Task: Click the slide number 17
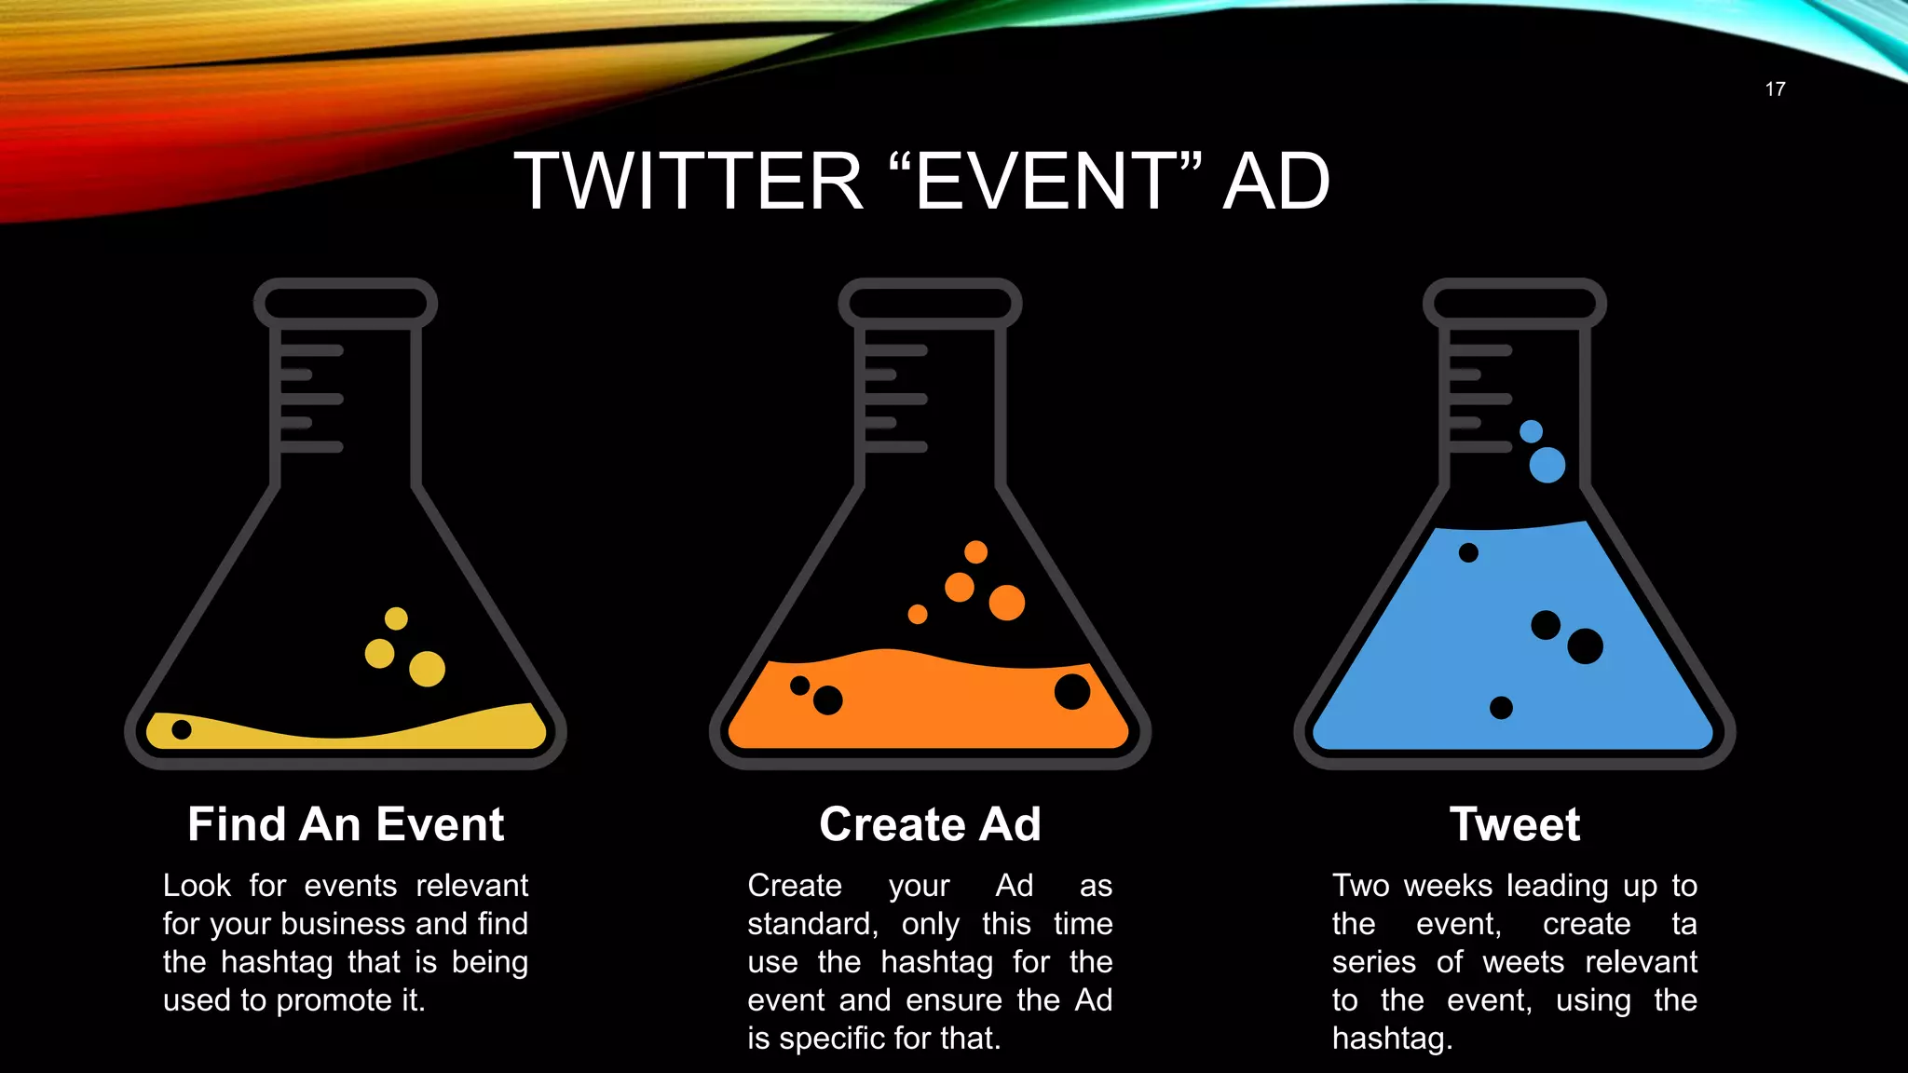[1775, 89]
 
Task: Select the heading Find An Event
[346, 824]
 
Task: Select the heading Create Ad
[930, 824]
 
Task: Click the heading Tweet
[1515, 824]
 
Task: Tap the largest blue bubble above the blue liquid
[1547, 465]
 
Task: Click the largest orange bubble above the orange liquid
[1006, 603]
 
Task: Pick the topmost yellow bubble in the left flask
[396, 618]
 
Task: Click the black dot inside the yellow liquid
[182, 729]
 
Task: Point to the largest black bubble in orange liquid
[1072, 691]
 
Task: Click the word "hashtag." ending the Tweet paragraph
[1392, 1038]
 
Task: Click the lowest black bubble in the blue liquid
[1501, 708]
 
